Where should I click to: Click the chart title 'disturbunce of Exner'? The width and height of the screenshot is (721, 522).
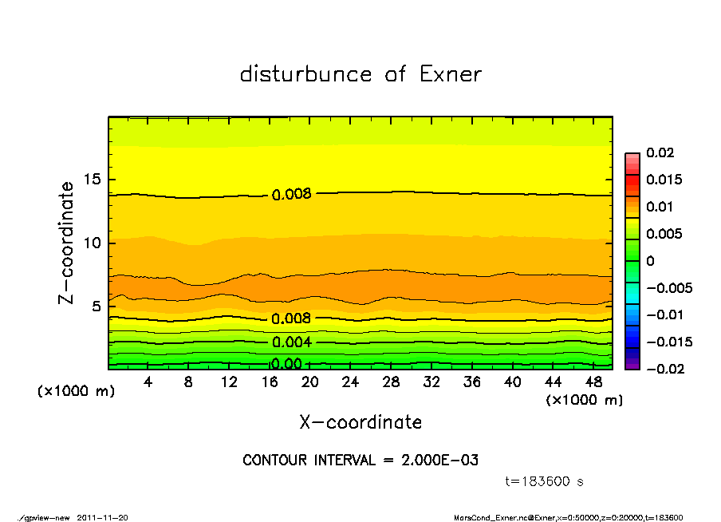tap(360, 74)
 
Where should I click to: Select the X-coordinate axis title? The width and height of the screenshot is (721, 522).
tap(360, 421)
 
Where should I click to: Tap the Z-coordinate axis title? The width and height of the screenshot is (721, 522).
tap(67, 243)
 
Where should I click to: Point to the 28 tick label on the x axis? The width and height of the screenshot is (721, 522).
tap(391, 382)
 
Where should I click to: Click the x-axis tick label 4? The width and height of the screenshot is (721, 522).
tap(148, 382)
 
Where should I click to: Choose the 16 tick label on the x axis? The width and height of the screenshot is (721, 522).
tap(269, 382)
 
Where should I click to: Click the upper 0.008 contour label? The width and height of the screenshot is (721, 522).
tap(291, 194)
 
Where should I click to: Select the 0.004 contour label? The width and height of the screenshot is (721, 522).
tap(291, 342)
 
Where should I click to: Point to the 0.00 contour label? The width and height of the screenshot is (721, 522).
tap(286, 364)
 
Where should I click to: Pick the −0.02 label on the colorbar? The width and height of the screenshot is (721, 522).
tap(664, 369)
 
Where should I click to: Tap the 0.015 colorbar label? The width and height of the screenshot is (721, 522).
tap(664, 180)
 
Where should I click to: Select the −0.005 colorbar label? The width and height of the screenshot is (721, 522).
tap(668, 287)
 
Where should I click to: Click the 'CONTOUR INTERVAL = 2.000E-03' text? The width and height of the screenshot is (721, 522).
tap(360, 461)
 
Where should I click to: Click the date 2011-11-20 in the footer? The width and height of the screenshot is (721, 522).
tap(103, 517)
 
